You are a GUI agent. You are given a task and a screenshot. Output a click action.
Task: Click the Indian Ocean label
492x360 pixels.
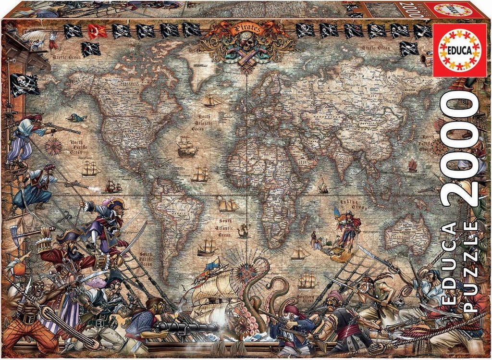tap(345, 199)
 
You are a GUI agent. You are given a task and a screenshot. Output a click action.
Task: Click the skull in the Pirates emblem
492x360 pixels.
tap(247, 47)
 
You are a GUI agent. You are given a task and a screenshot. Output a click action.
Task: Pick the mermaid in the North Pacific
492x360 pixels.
tap(77, 117)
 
